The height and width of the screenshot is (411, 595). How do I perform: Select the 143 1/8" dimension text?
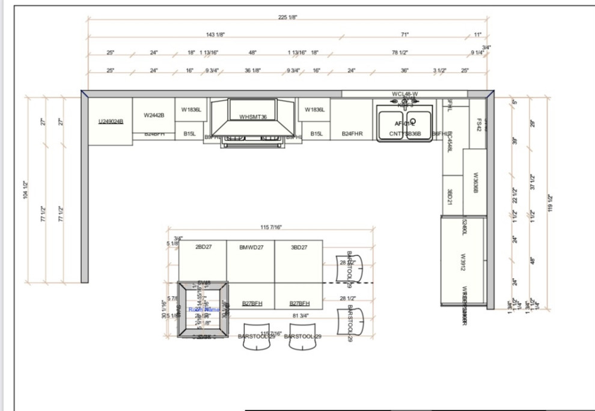pos(215,35)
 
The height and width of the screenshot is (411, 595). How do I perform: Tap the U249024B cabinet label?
pos(111,121)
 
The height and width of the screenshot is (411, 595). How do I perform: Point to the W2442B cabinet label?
pos(154,115)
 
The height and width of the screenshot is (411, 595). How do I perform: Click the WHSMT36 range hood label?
pos(253,117)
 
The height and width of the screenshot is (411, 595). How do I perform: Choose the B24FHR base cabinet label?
pos(352,133)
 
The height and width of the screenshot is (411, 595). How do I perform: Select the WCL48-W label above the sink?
pos(404,94)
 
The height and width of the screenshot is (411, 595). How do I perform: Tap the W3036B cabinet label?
pos(475,183)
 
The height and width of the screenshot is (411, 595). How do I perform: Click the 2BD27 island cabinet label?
pos(203,247)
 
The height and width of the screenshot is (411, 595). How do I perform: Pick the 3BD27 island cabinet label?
pos(299,247)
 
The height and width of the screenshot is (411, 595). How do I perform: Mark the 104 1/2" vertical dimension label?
pos(26,190)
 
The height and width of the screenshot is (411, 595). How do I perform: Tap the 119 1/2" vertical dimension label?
pos(549,204)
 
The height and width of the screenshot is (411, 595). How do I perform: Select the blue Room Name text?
pos(204,309)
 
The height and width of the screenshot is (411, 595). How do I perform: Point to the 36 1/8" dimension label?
pos(252,70)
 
